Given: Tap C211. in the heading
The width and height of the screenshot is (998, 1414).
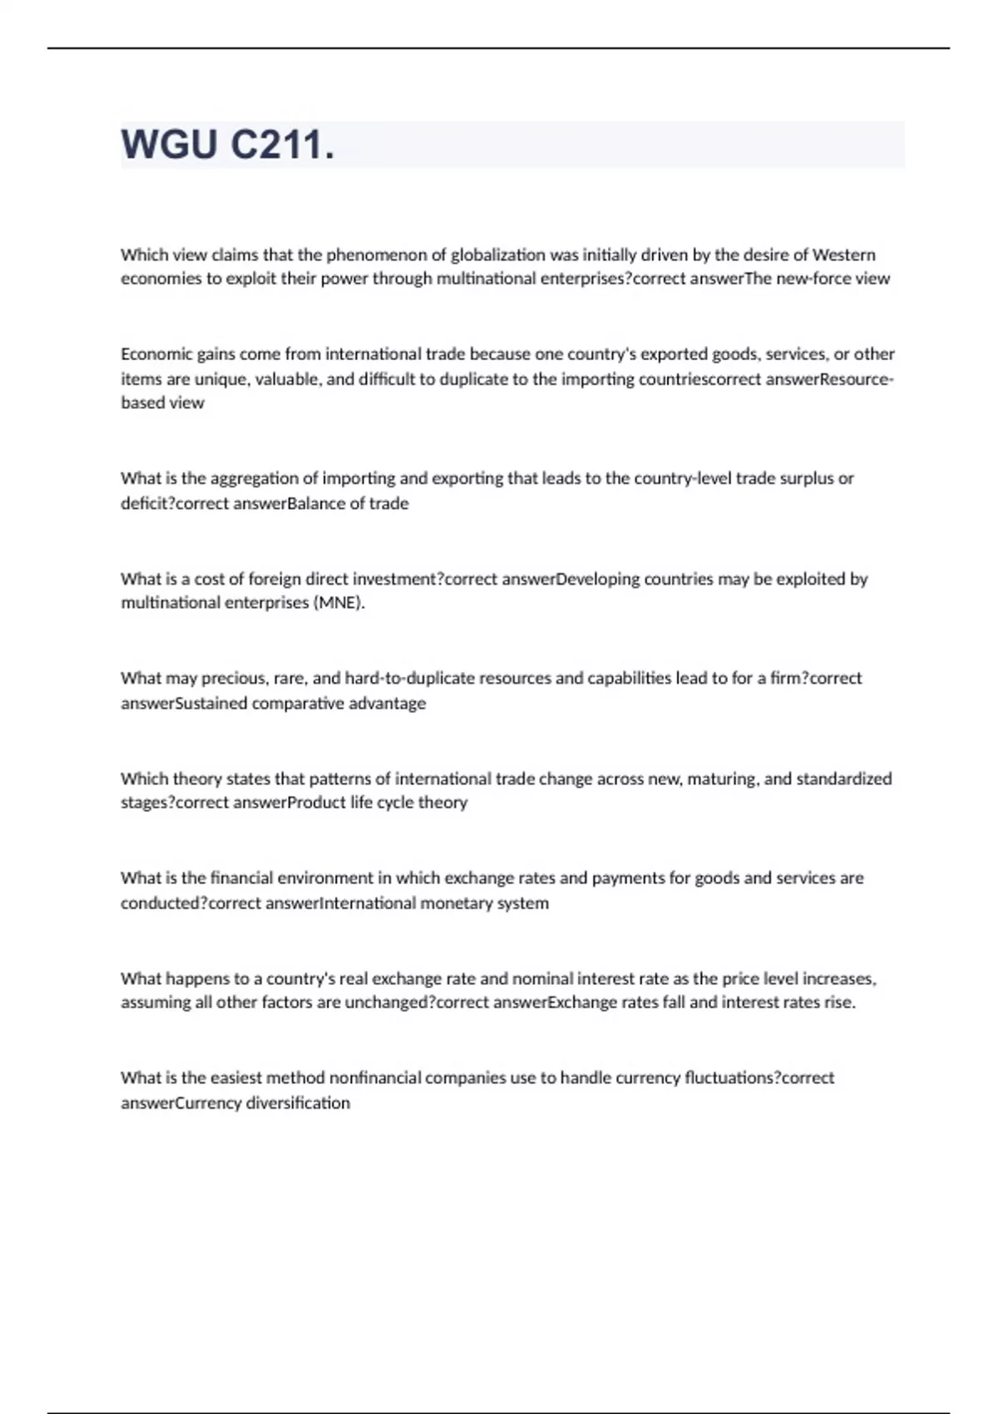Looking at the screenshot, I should (x=282, y=145).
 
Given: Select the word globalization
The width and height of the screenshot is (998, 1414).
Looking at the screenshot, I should (x=498, y=255).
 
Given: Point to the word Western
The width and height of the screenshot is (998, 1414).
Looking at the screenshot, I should (x=843, y=255).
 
